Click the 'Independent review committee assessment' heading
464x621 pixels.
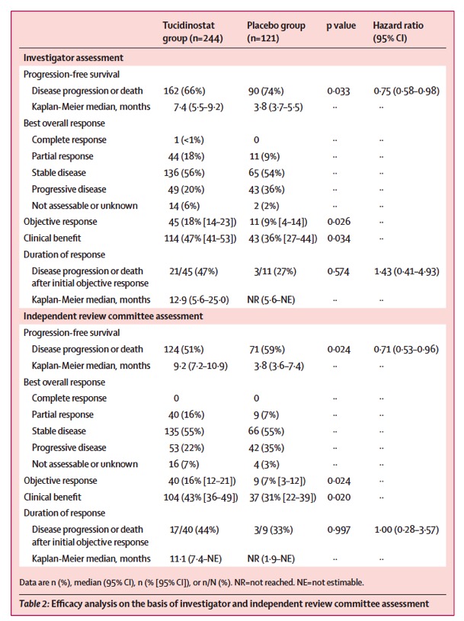[113, 316]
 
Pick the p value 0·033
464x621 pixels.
[338, 91]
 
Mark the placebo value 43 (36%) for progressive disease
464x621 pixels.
[268, 190]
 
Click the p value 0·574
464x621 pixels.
[338, 271]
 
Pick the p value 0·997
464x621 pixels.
[338, 530]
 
